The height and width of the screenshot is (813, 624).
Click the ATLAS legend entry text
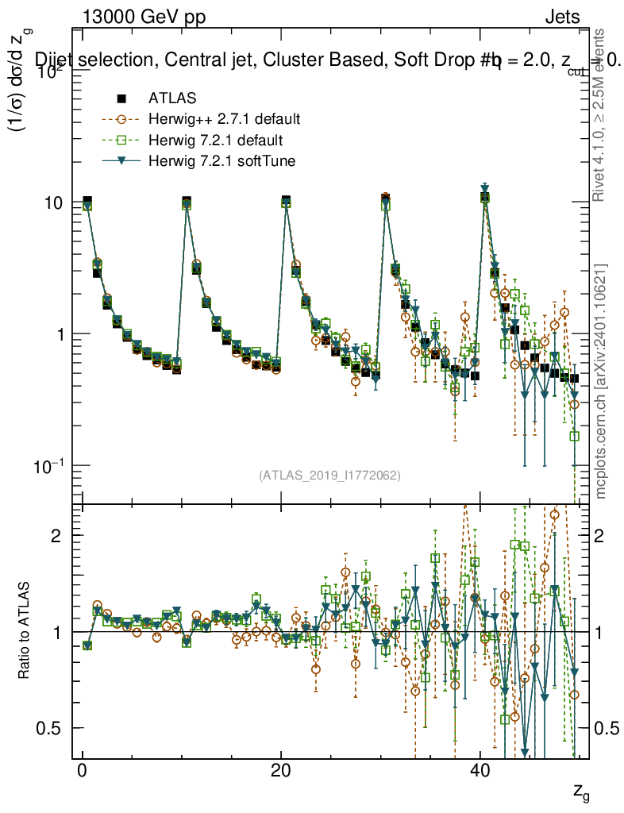click(172, 98)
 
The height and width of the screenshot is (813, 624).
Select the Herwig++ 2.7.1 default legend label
click(224, 120)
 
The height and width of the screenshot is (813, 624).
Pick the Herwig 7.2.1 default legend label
click(215, 141)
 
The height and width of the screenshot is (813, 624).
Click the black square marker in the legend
click(121, 98)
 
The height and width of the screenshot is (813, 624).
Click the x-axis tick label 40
click(479, 773)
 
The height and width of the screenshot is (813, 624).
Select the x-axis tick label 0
click(82, 773)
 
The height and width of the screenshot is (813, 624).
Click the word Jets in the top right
click(562, 17)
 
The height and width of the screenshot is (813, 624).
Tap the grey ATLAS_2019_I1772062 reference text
click(329, 476)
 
